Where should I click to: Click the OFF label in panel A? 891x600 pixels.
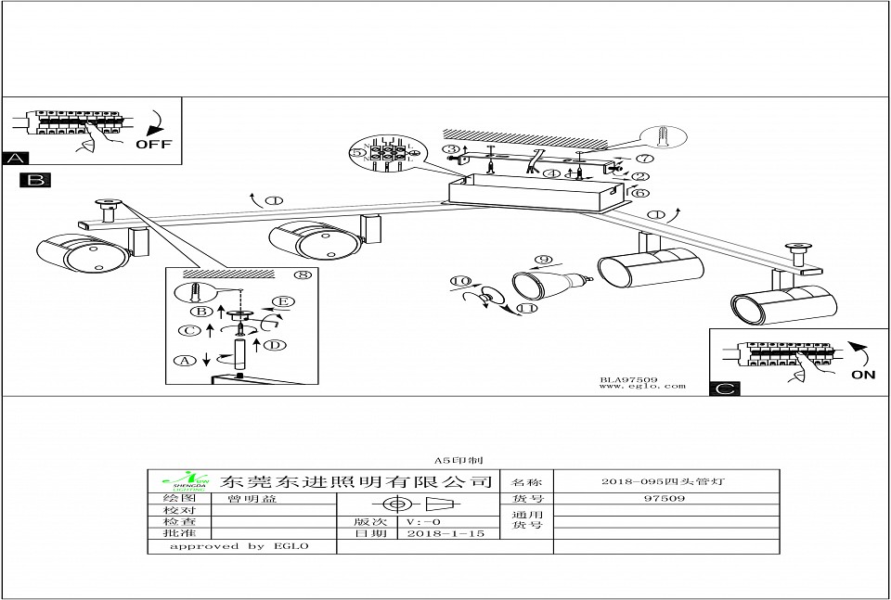(x=153, y=145)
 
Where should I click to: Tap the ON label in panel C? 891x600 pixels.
(x=863, y=375)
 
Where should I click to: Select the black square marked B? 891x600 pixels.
(x=35, y=180)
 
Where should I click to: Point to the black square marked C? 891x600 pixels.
(x=725, y=389)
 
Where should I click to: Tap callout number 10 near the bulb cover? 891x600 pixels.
(x=461, y=281)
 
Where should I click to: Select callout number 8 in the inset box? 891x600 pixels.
(x=300, y=274)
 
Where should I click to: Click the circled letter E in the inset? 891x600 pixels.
(x=283, y=301)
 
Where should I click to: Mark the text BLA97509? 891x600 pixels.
(x=628, y=378)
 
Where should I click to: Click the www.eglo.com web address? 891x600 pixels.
(x=642, y=387)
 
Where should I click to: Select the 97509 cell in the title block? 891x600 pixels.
(x=664, y=499)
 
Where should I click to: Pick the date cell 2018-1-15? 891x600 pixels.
(x=445, y=534)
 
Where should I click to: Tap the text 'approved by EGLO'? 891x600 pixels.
(x=239, y=547)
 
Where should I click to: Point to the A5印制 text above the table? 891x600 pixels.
(x=455, y=460)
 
